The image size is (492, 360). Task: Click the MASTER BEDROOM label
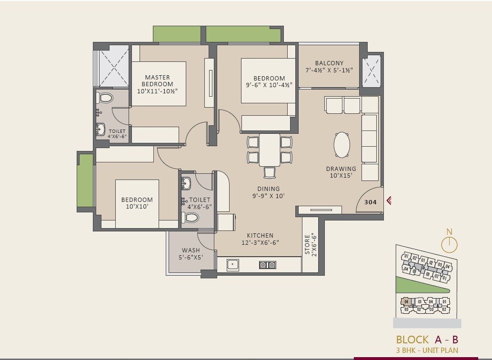coord(157,81)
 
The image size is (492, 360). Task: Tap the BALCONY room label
coord(329,63)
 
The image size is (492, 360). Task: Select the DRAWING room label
coord(341,169)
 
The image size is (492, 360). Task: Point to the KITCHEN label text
coord(260,236)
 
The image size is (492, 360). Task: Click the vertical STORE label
coord(308,244)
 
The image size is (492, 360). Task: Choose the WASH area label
coord(191,250)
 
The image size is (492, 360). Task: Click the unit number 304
coord(370,202)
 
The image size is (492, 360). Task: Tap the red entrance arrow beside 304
coord(389,201)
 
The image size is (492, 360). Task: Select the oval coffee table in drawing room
coord(341,144)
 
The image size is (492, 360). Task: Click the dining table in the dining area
coord(270,150)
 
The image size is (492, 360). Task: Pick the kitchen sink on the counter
coord(233,264)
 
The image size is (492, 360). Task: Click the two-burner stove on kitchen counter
coord(268,265)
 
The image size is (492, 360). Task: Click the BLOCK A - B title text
coord(427,340)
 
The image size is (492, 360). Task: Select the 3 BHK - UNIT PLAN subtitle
coord(427,350)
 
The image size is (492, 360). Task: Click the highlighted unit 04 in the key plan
coord(406,302)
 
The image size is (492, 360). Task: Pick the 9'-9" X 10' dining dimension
coord(269,196)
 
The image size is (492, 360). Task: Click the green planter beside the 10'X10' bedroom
coord(85,180)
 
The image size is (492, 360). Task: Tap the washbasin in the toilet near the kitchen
coord(186,183)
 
